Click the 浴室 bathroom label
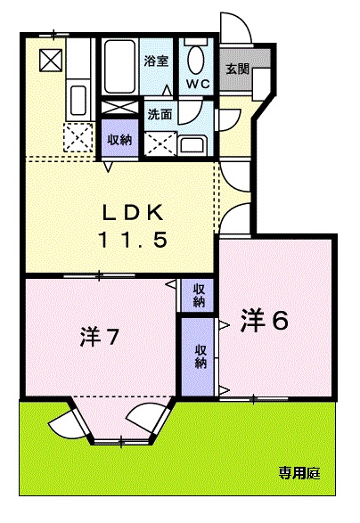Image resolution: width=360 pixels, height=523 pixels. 156,61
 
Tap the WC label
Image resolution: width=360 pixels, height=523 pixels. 197,85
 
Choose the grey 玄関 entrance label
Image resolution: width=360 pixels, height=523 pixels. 237,69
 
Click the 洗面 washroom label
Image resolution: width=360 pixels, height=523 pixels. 160,115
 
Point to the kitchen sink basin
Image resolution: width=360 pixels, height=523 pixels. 77,100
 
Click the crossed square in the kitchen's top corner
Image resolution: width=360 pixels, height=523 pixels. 49,60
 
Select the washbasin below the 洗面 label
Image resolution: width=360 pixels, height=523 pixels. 192,145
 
